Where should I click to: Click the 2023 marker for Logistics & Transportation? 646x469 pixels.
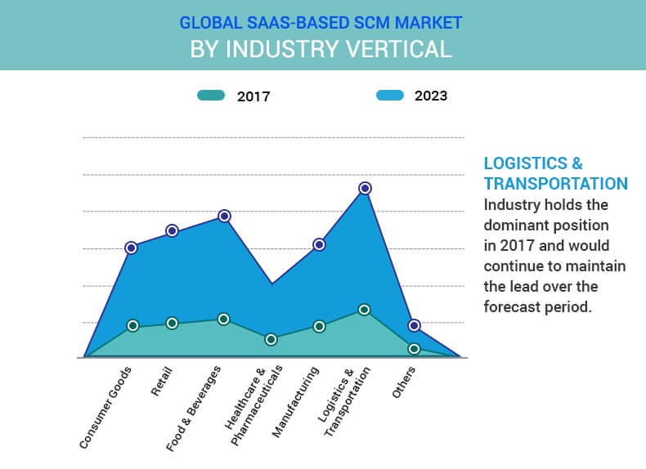(x=365, y=188)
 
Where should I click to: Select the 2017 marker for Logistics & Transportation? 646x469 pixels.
(x=365, y=310)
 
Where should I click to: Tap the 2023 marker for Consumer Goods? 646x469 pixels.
(x=131, y=248)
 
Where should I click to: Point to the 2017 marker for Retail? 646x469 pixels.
(x=172, y=323)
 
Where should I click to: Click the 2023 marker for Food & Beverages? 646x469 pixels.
(x=224, y=216)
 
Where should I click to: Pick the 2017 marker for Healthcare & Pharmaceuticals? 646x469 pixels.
(x=271, y=339)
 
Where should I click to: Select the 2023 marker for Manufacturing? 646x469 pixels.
(x=319, y=244)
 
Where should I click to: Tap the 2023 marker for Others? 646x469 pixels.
(x=414, y=325)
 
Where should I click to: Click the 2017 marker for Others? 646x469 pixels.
(x=414, y=349)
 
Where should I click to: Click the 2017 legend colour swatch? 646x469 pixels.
(x=211, y=96)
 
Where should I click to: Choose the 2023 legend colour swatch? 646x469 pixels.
(x=389, y=96)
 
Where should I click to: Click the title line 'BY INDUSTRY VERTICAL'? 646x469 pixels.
(x=321, y=48)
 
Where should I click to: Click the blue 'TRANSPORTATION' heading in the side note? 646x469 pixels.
(x=555, y=183)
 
